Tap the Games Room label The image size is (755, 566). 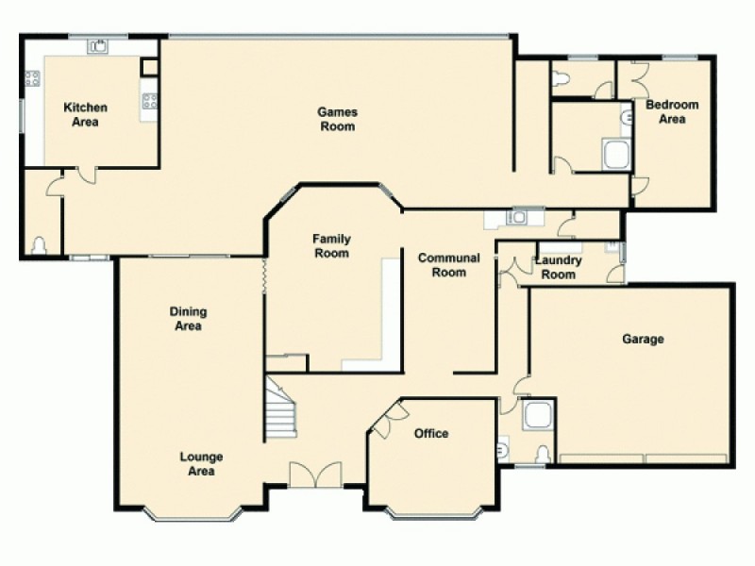pos(336,119)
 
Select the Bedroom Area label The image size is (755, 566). pos(671,111)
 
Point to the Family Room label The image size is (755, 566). pos(331,246)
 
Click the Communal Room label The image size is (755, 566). pos(448,265)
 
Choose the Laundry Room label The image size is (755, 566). pos(557,268)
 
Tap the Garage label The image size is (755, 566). pos(643,339)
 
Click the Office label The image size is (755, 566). pos(431,434)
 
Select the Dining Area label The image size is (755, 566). pos(188,319)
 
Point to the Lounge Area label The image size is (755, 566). pos(202,464)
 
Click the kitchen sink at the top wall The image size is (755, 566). pos(97,44)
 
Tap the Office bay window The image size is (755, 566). pos(430,514)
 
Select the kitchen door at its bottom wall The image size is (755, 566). pos(85,174)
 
